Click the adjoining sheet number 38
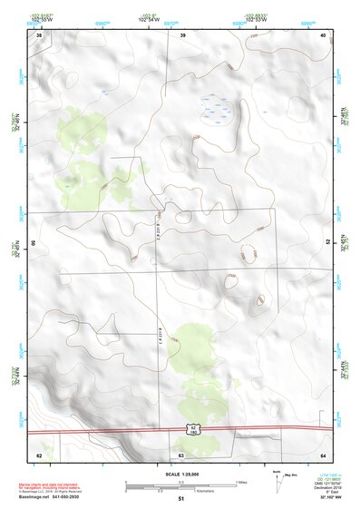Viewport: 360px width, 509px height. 39,34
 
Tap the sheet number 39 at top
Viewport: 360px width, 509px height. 182,34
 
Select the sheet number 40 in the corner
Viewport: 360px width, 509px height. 324,34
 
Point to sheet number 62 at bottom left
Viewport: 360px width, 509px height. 39,455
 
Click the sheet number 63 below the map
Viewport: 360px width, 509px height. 181,455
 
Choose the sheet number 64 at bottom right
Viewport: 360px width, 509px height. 324,455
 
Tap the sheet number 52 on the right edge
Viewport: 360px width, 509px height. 327,243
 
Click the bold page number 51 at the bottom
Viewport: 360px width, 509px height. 181,498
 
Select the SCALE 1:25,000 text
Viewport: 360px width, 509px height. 180,474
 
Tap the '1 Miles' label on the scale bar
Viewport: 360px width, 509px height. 239,482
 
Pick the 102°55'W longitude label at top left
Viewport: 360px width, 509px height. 41,18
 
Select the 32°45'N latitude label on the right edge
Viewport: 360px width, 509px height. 344,242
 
